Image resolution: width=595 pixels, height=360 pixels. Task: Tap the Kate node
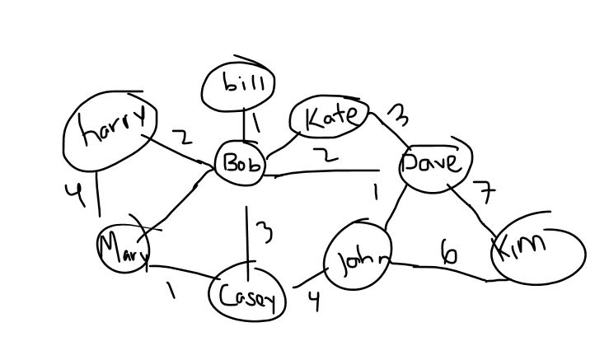329,119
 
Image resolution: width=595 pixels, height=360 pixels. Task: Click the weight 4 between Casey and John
312,301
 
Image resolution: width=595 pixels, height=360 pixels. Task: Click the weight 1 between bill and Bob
255,124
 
